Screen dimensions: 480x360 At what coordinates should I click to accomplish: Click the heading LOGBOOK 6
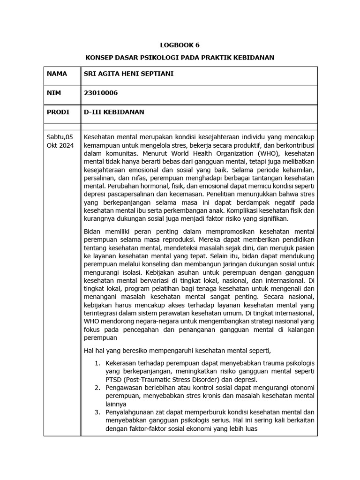(x=180, y=45)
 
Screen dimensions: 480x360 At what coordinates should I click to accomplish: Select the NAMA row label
(x=57, y=74)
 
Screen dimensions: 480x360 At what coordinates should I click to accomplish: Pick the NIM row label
(x=54, y=93)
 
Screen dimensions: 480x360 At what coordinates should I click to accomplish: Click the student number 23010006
(x=100, y=93)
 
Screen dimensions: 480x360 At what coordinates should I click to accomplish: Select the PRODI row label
(x=58, y=112)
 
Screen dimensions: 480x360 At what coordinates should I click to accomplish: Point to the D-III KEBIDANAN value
(x=114, y=112)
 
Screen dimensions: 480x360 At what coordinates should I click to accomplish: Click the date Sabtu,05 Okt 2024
(x=60, y=141)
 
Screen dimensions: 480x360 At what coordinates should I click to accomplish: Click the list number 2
(x=97, y=388)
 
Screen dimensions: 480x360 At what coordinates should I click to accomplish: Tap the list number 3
(x=97, y=412)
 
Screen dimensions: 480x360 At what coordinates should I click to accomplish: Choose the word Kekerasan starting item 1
(x=122, y=363)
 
